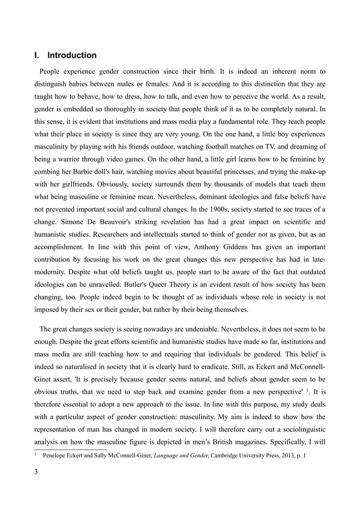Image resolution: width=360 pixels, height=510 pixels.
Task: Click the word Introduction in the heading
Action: pyautogui.click(x=72, y=55)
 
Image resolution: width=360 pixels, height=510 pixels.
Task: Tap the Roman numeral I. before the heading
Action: pyautogui.click(x=37, y=55)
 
